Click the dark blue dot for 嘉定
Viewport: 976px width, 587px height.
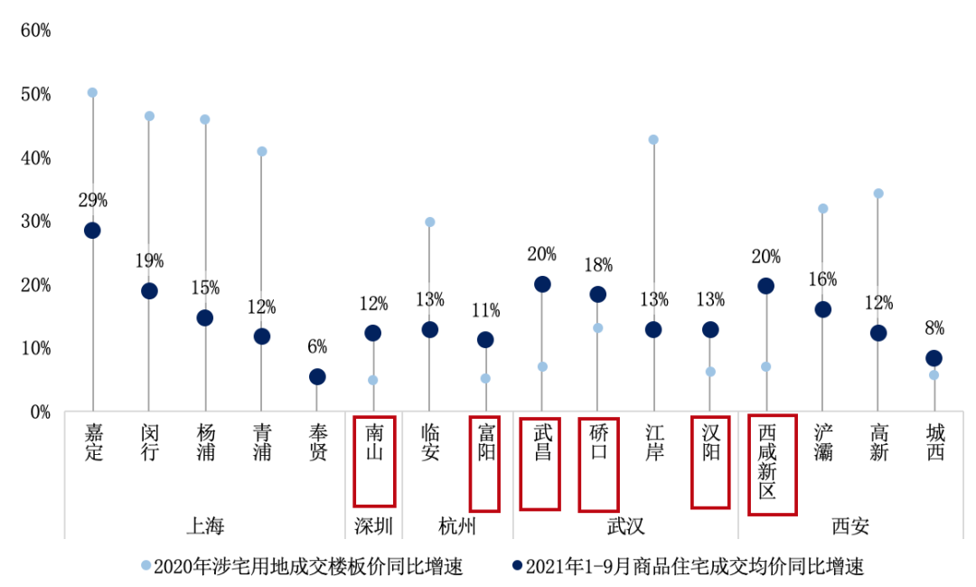92,230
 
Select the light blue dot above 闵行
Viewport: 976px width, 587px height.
149,116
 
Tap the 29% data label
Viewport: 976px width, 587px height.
92,200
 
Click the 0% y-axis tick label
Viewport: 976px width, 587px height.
40,412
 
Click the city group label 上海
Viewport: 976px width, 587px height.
204,526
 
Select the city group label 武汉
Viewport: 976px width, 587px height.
625,526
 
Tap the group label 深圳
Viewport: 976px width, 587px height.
373,526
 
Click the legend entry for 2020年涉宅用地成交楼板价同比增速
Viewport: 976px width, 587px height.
302,567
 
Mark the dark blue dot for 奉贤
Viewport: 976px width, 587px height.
317,376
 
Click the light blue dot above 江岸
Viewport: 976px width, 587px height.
653,139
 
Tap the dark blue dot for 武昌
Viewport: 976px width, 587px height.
542,284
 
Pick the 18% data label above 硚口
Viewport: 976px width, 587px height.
598,265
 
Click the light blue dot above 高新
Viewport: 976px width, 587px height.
877,194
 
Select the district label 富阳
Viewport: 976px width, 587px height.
486,440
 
